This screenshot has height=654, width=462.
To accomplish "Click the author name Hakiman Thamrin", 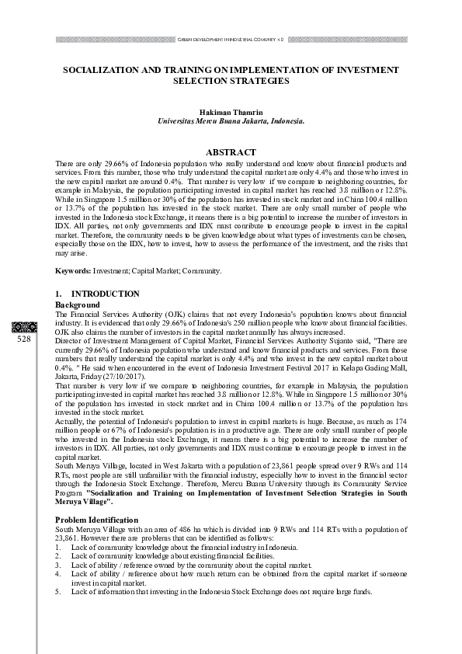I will pos(231,112).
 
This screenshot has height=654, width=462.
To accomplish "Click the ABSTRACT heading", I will pos(231,152).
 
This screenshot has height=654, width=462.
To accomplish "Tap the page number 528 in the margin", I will pos(23,339).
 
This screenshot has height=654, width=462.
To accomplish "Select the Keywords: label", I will pos(73,270).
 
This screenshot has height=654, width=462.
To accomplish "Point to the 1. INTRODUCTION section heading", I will pos(98,294).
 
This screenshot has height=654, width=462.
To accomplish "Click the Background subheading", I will pos(78,304).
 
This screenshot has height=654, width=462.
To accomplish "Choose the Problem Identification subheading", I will pos(96,520).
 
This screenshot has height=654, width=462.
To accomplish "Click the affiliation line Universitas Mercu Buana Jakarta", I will pos(231,121).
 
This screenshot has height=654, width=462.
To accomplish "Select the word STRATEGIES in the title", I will pos(257,81).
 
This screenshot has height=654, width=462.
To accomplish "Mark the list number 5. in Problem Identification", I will pos(58,591).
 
